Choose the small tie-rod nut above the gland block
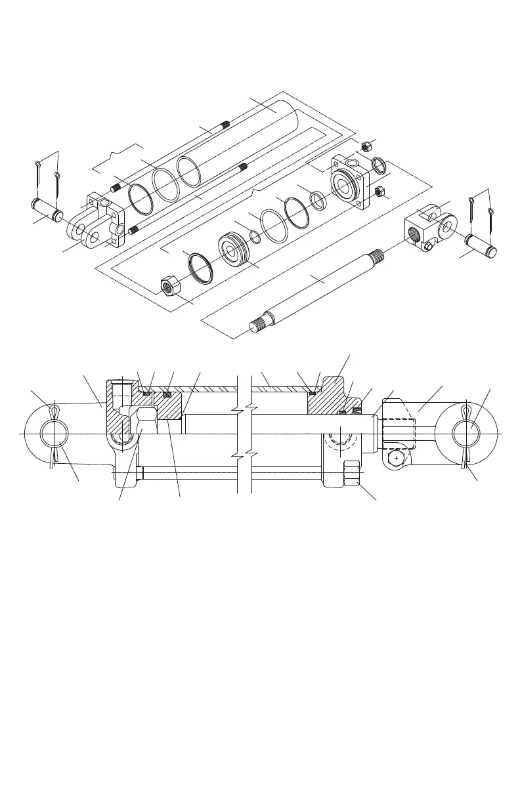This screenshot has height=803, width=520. (366, 146)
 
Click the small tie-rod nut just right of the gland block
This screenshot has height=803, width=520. (379, 192)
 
